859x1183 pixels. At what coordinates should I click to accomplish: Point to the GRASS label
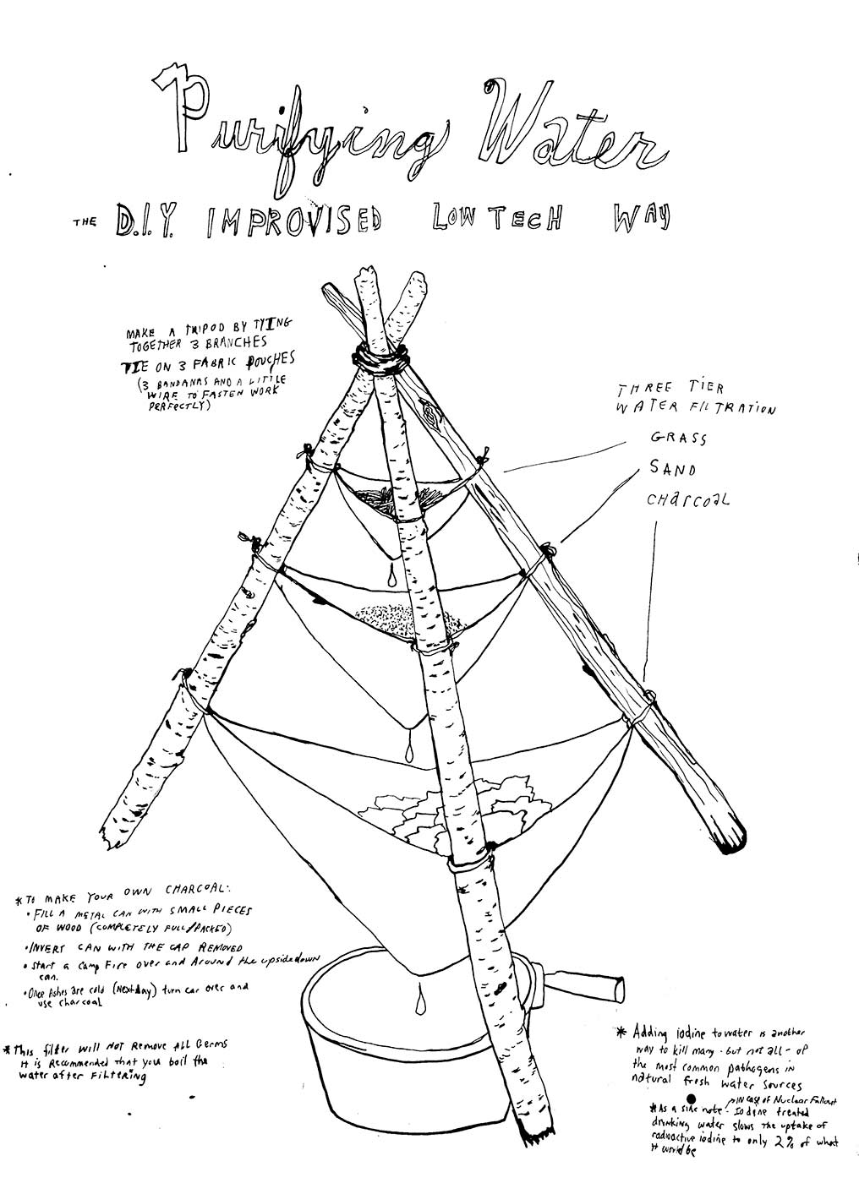[x=678, y=439]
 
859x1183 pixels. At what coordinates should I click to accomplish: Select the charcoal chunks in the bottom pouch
[x=414, y=811]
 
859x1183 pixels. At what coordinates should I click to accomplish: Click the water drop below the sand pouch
[x=409, y=749]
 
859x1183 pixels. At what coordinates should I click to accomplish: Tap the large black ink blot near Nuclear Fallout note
[x=678, y=1104]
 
